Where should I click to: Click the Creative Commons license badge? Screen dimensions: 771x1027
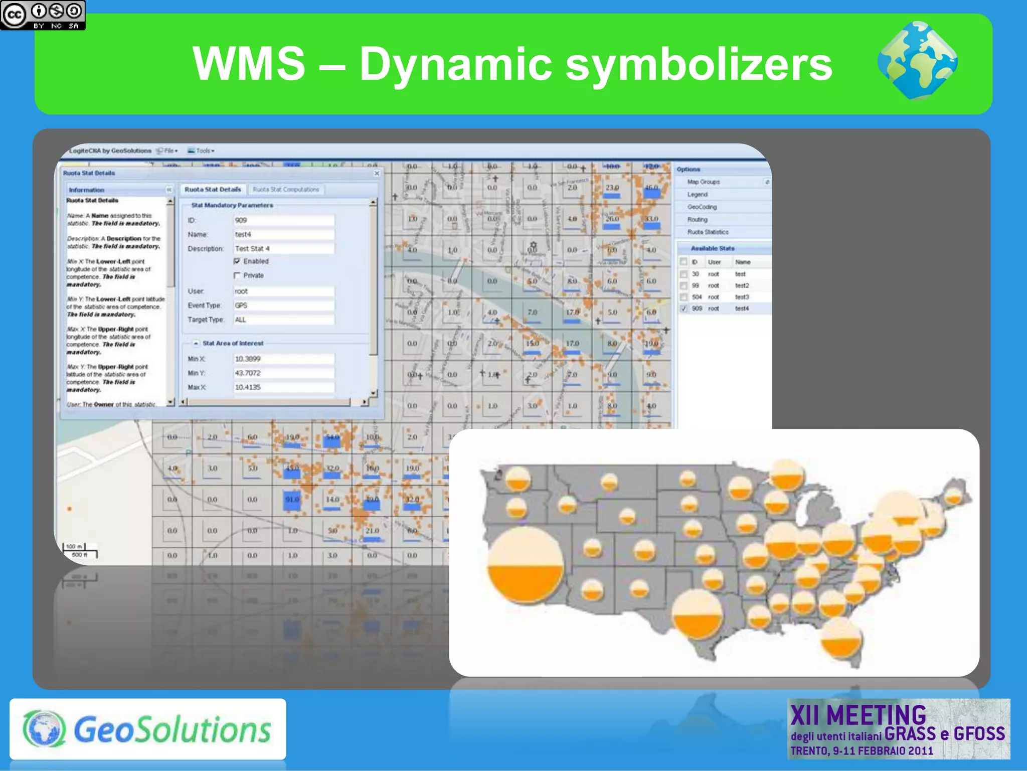tap(43, 15)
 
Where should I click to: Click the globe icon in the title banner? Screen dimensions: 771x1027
tap(917, 61)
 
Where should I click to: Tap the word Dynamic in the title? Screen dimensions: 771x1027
tap(456, 64)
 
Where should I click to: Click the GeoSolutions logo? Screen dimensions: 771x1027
tap(147, 729)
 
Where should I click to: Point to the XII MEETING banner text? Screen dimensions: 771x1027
tap(858, 715)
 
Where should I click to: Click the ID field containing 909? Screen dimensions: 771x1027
tap(284, 220)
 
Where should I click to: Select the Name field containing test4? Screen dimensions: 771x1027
tap(284, 234)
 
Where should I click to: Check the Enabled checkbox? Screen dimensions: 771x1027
tap(237, 261)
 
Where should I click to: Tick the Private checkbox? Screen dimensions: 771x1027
tap(237, 275)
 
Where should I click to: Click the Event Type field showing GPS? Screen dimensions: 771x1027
tap(284, 305)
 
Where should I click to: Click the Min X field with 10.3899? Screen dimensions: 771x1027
tap(284, 359)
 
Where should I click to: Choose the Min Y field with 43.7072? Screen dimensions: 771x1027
tap(284, 373)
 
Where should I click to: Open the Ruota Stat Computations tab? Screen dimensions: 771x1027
tap(286, 190)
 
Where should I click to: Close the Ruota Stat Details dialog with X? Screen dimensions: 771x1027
tap(377, 174)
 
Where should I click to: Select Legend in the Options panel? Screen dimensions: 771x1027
tap(698, 195)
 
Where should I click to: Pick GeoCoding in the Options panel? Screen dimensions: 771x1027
tap(702, 207)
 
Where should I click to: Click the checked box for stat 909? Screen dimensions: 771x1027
tap(683, 309)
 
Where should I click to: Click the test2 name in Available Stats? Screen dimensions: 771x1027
tap(742, 286)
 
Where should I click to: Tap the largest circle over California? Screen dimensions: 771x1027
tap(526, 564)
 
